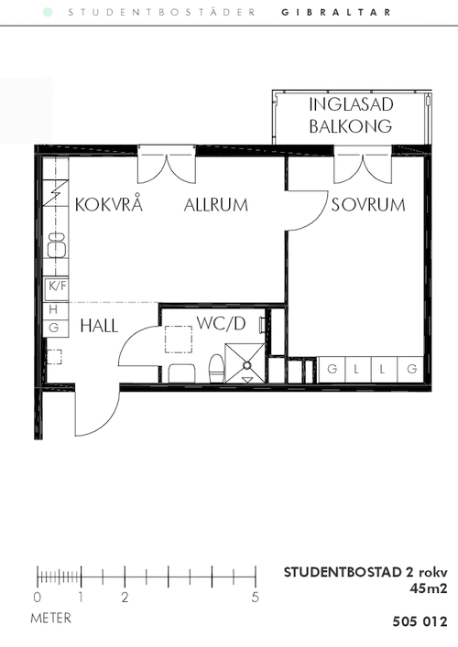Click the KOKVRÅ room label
point(109,204)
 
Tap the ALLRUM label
point(215,205)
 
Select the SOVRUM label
point(368,205)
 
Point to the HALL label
point(99,326)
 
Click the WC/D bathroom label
point(221,323)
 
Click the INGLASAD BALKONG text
point(351,115)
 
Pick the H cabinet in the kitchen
point(55,309)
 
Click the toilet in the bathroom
point(216,369)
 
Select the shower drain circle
point(247,365)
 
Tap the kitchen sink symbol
point(57,244)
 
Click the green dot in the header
point(48,13)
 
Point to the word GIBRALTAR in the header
point(336,13)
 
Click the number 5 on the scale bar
point(256,597)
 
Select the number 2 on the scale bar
point(125,597)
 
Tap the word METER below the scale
point(50,618)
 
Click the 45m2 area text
point(429,588)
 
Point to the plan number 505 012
point(420,621)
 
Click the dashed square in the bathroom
point(179,340)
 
